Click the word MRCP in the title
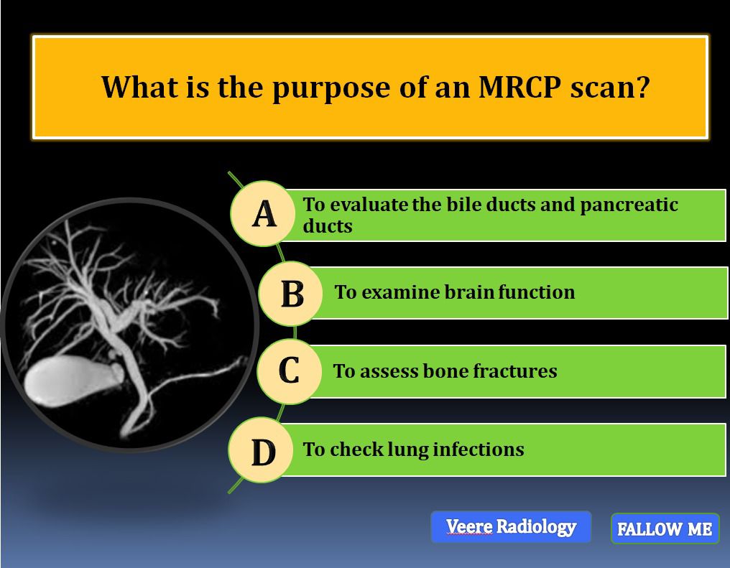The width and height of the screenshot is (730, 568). coord(519,87)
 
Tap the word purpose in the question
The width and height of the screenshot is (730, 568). coord(331,89)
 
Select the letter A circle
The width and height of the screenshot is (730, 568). coord(264,213)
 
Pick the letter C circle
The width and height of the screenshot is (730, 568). coord(289,371)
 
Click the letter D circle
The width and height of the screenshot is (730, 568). coord(262,450)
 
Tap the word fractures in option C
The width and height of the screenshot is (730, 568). coord(515,371)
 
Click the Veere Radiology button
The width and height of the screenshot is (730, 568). coord(511,527)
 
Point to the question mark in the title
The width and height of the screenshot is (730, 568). coord(642,87)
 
